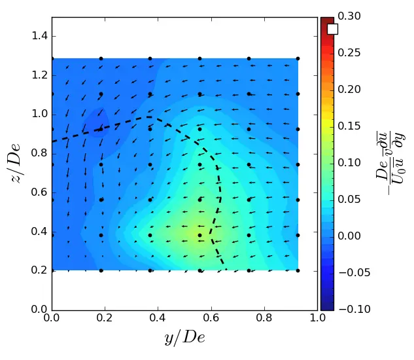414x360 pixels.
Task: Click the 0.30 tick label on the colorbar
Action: [x=352, y=17]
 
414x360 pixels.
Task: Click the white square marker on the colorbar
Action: [x=332, y=29]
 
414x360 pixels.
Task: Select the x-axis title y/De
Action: [x=185, y=338]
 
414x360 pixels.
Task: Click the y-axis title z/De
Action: [x=18, y=164]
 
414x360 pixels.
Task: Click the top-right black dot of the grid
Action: [x=298, y=59]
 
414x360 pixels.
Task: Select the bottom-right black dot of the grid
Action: [x=298, y=270]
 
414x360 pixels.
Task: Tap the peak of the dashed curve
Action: [x=150, y=117]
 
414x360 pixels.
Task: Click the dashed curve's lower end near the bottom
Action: [x=226, y=269]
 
